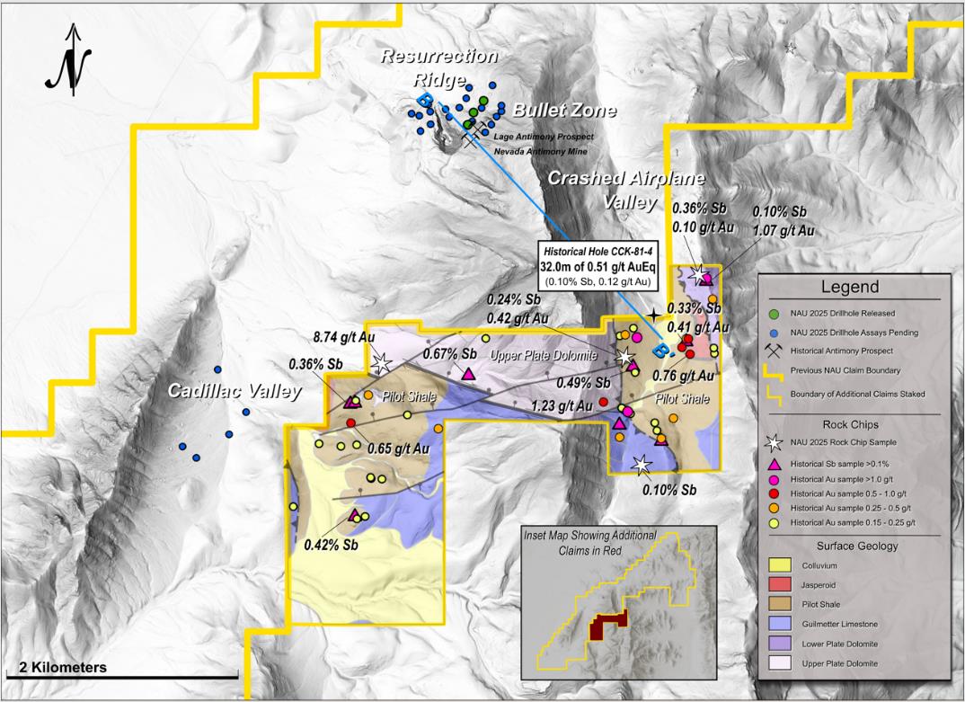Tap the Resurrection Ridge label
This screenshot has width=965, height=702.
(438, 67)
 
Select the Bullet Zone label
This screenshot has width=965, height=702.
(564, 111)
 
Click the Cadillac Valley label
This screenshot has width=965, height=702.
(224, 393)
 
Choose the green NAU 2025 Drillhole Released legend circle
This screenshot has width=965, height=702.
(774, 313)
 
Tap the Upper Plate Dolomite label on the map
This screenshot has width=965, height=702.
(543, 356)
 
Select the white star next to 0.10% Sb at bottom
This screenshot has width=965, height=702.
(642, 464)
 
